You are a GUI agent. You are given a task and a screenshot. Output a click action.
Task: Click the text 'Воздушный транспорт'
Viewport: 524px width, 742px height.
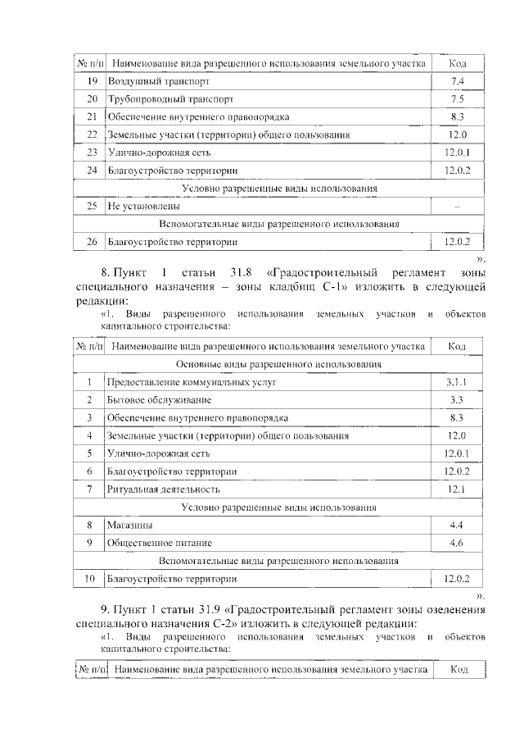(153, 81)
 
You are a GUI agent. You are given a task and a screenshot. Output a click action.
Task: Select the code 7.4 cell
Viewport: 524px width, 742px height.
(458, 81)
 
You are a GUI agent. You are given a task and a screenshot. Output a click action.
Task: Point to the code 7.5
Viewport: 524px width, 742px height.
(458, 99)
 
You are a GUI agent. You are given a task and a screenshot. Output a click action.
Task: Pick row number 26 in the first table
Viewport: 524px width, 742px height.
(92, 242)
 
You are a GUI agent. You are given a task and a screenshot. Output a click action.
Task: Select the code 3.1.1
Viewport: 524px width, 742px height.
(458, 382)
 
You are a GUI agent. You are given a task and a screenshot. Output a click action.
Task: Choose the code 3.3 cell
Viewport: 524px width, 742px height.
(458, 399)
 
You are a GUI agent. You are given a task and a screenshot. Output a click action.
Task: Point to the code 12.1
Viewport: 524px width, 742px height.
(458, 489)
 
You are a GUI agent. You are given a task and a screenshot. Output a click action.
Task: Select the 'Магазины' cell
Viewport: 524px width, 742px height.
(129, 525)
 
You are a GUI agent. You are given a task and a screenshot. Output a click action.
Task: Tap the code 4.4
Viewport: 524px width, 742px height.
(458, 525)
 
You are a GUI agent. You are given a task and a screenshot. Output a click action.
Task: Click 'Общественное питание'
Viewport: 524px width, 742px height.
(159, 543)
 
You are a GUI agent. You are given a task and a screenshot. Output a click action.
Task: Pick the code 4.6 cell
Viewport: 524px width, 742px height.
(458, 543)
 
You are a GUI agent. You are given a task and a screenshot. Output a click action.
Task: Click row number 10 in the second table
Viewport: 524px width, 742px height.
(90, 579)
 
